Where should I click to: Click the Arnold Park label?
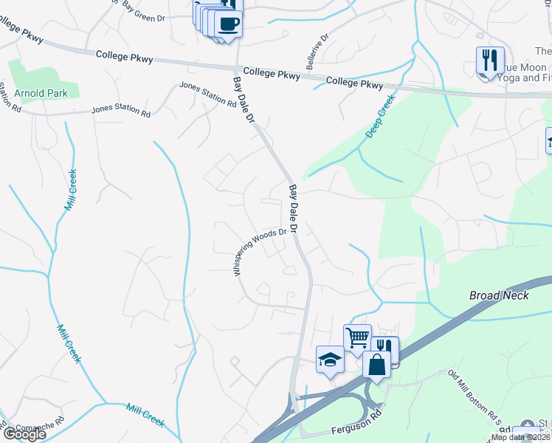[x=41, y=93]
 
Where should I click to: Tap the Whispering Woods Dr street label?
[x=259, y=252]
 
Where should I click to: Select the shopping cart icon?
[x=357, y=337]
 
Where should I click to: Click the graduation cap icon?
[x=330, y=360]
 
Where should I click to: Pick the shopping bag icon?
[x=376, y=365]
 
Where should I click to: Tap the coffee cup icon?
[x=228, y=23]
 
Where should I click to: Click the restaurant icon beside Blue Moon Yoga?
[x=490, y=60]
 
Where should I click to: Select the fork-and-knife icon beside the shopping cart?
[x=384, y=348]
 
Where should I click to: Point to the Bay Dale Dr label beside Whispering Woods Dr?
[x=292, y=209]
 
